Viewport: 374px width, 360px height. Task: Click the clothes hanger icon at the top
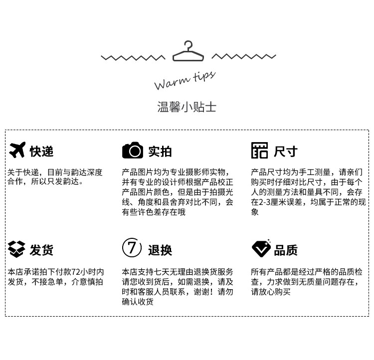point(188,52)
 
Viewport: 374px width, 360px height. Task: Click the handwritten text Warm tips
point(184,80)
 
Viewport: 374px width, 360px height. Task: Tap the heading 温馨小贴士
point(187,107)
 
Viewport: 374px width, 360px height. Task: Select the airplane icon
point(17,150)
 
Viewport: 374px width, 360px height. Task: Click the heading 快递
point(41,151)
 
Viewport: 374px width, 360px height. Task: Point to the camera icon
point(132,150)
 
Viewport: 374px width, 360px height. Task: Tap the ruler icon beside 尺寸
point(259,151)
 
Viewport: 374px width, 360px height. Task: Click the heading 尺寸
point(285,151)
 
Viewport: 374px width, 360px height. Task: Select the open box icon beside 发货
point(16,248)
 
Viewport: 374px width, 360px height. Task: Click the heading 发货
point(41,250)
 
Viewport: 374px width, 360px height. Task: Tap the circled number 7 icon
point(132,248)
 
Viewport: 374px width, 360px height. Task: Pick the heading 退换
point(160,250)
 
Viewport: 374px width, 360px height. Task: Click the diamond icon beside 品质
point(260,248)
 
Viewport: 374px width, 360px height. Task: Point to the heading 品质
point(286,250)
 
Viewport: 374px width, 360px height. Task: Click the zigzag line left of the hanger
point(133,58)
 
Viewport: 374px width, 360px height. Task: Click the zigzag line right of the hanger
point(243,57)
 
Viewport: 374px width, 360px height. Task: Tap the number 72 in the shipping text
point(76,272)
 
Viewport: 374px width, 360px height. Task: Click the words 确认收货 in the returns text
point(138,302)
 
